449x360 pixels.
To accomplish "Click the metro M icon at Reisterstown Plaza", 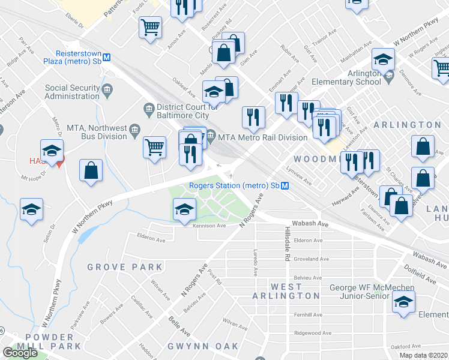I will click(107, 57).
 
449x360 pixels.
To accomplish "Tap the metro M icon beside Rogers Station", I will click(286, 185).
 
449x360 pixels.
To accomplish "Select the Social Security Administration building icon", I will click(107, 91).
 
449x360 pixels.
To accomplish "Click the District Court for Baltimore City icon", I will click(149, 108).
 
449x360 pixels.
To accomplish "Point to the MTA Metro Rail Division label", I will click(263, 137).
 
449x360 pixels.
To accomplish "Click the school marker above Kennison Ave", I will click(184, 209).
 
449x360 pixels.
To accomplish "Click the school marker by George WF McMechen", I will click(403, 302).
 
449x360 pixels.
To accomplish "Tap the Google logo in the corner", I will click(20, 353).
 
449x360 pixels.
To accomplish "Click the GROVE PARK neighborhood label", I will click(124, 266).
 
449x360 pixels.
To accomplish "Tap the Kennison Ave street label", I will click(209, 226).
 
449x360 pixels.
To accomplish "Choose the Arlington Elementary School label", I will click(348, 79).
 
